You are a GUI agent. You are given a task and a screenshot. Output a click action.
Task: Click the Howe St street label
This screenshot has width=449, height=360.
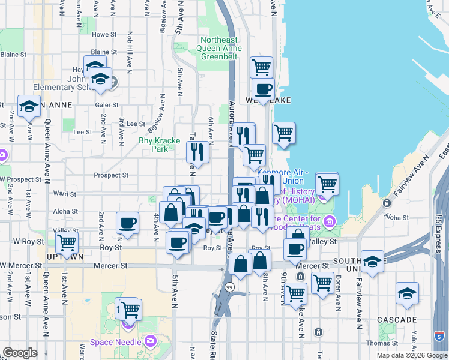pos(103,35)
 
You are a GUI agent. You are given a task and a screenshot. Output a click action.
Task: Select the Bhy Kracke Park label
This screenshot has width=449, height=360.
pos(159,145)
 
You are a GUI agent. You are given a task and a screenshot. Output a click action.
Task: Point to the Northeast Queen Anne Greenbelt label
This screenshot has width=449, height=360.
pos(221,48)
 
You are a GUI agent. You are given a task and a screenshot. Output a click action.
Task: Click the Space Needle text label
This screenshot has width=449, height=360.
pos(116,342)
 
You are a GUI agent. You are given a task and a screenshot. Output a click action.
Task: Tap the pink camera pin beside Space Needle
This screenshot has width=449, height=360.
pos(150,342)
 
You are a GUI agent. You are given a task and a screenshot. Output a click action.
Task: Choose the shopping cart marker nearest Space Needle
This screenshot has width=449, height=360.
pos(130,310)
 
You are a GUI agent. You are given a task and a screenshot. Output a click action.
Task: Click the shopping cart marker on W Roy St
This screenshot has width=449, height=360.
pos(67,243)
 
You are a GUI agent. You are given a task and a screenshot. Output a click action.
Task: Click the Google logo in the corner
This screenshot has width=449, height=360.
pos(20,353)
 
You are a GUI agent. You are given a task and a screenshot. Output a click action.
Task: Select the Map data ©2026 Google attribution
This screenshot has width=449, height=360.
pos(411,355)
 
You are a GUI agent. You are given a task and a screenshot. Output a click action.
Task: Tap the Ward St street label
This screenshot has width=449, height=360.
pos(61,194)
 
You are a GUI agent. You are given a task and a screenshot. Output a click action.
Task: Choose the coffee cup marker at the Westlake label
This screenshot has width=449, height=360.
pos(262,89)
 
